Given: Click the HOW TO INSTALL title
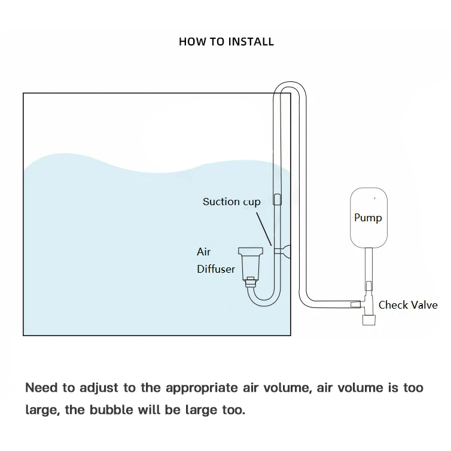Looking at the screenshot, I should click(x=226, y=42).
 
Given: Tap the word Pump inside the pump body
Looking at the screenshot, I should click(x=368, y=217).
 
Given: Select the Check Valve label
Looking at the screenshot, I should click(x=408, y=305).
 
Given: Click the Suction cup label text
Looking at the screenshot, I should click(x=231, y=202).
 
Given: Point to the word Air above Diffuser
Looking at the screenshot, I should click(x=203, y=252).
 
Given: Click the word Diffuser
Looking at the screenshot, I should click(x=216, y=269).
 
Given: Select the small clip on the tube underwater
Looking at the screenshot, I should click(x=277, y=200).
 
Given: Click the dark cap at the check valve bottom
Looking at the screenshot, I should click(x=368, y=321).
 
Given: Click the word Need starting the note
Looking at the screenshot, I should click(x=41, y=388).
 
